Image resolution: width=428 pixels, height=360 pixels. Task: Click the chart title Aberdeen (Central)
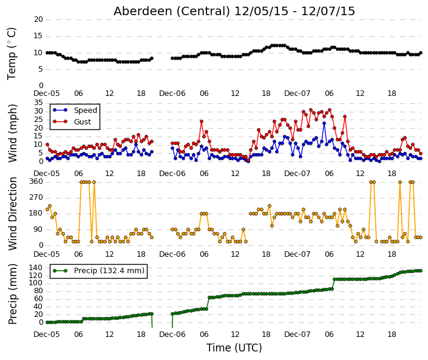pyautogui.click(x=172, y=12)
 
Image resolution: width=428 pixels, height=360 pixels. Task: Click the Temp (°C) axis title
pyautogui.click(x=12, y=54)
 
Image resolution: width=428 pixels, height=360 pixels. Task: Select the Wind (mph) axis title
pyautogui.click(x=12, y=133)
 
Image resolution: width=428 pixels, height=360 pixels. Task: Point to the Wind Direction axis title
pyautogui.click(x=13, y=214)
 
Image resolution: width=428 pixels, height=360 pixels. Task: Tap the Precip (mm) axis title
pyautogui.click(x=12, y=294)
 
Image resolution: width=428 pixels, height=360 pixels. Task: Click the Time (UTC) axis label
pyautogui.click(x=234, y=348)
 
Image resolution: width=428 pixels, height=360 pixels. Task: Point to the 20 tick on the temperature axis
pyautogui.click(x=38, y=19)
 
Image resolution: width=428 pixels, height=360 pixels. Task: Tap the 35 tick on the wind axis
pyautogui.click(x=38, y=103)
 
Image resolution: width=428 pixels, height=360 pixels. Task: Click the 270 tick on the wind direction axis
pyautogui.click(x=36, y=197)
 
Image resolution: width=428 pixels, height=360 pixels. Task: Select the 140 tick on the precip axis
pyautogui.click(x=36, y=268)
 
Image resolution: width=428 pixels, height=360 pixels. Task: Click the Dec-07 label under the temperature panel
pyautogui.click(x=297, y=93)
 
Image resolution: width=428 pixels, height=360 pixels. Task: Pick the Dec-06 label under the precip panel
pyautogui.click(x=172, y=335)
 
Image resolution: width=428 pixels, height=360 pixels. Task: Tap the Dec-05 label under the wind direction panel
pyautogui.click(x=46, y=254)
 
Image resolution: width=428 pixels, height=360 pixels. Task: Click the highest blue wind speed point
pyautogui.click(x=324, y=123)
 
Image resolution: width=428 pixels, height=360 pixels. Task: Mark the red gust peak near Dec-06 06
pyautogui.click(x=202, y=121)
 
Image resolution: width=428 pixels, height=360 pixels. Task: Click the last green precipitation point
pyautogui.click(x=421, y=271)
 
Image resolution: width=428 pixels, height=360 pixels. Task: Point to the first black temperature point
pyautogui.click(x=47, y=53)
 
